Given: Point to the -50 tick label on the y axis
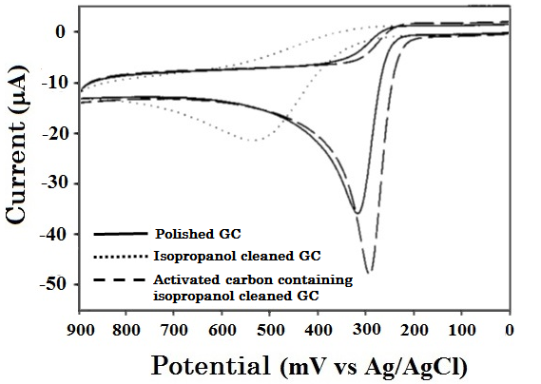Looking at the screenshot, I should [51, 284].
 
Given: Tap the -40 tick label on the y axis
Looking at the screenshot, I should [51, 234].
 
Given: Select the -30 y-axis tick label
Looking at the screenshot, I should [51, 182].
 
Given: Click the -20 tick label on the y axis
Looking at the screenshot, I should [51, 133].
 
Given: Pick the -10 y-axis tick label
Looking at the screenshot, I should [51, 83].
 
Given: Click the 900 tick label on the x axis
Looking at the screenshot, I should [80, 330].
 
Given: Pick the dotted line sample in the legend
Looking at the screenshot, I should [122, 256].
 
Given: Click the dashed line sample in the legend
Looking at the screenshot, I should [122, 279].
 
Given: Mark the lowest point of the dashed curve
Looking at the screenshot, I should [369, 272].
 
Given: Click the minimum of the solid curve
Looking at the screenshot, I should [357, 212].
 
